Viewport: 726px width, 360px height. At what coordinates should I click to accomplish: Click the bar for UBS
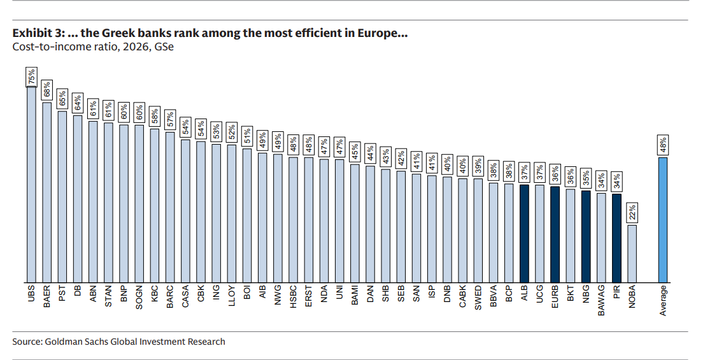click(x=31, y=185)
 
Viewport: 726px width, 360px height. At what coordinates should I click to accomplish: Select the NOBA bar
click(x=632, y=253)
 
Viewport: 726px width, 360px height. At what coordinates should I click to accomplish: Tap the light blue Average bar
click(x=663, y=219)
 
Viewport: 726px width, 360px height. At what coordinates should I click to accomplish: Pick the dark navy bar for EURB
click(x=555, y=234)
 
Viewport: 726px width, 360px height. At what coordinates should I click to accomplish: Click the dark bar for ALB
click(x=523, y=233)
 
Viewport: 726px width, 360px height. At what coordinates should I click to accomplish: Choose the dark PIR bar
click(x=616, y=238)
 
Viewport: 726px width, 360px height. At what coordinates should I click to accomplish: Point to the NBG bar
click(x=586, y=236)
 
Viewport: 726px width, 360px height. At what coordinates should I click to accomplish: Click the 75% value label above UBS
click(x=31, y=78)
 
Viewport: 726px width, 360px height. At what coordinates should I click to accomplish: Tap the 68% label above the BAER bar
click(x=46, y=90)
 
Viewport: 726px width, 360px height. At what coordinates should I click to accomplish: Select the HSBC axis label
click(x=294, y=298)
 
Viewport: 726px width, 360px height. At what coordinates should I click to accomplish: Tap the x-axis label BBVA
click(x=493, y=298)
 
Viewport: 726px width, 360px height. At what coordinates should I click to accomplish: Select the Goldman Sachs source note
click(x=118, y=342)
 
